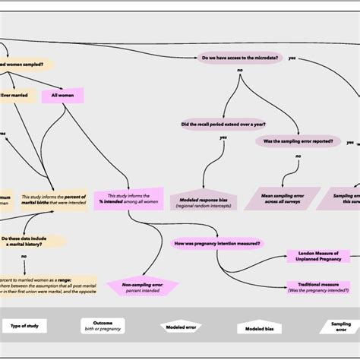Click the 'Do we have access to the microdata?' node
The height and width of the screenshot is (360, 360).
(x=239, y=57)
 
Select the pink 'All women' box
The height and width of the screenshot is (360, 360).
(x=67, y=96)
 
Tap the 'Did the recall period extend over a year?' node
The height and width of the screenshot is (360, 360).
(x=223, y=124)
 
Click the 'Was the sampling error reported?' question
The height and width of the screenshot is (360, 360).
(x=298, y=141)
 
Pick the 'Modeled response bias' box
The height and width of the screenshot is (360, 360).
(x=203, y=199)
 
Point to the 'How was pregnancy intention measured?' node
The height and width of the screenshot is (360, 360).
(x=217, y=243)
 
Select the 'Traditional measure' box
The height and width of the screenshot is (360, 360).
(x=319, y=287)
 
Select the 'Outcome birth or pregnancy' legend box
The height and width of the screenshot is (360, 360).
(x=103, y=326)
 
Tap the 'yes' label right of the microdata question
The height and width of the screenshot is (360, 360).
(x=292, y=58)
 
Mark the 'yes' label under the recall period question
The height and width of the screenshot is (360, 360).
(x=223, y=137)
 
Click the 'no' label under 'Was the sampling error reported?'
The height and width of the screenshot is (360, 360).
(x=298, y=156)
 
